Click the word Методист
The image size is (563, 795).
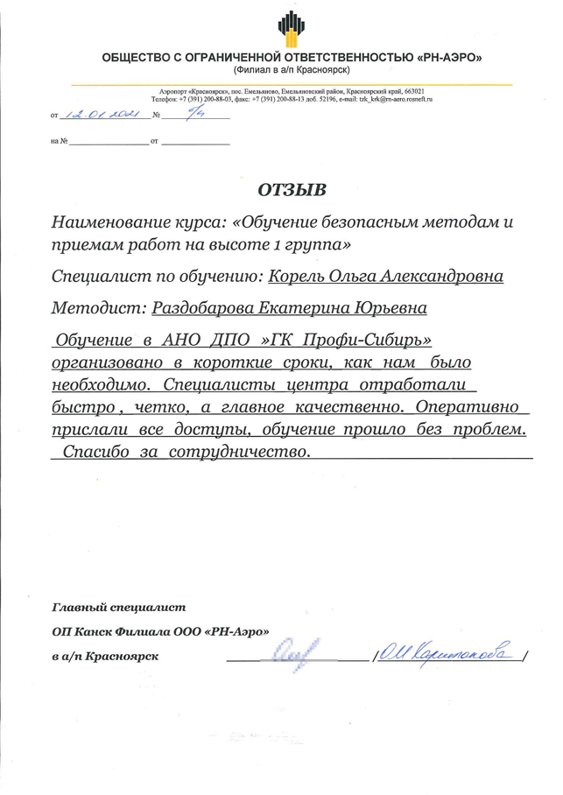[98, 309]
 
